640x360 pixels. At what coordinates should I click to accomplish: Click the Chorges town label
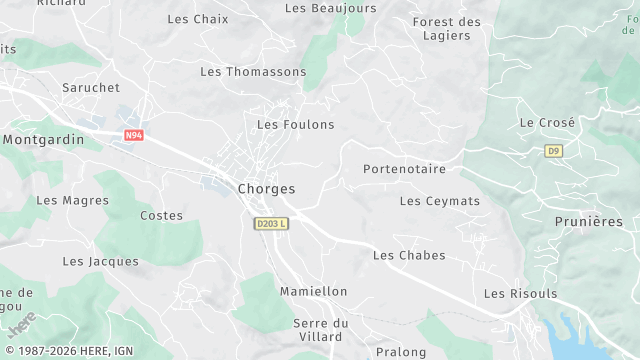coord(266,188)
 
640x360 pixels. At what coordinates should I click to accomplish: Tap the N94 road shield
coord(135,135)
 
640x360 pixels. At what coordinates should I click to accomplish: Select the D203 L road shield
coord(270,224)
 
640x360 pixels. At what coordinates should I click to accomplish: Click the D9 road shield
coord(554,151)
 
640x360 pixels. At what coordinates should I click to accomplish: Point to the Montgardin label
coord(44,140)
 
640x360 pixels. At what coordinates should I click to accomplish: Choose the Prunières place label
coord(588,221)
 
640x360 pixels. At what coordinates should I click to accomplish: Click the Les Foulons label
coord(295,124)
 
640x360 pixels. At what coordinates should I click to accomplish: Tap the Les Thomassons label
coord(253,71)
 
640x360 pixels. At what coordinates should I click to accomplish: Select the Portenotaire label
coord(404,169)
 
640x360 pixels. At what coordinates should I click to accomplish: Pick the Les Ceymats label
coord(439,201)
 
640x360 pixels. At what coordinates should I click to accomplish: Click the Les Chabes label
coord(409,255)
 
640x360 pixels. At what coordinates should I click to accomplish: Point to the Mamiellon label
coord(314,291)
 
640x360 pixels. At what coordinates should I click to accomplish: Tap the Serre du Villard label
coord(321,330)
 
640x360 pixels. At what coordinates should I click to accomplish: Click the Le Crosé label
coord(547,122)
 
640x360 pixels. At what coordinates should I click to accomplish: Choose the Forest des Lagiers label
coord(446,28)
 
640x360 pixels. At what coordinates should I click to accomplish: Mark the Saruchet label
coord(91,88)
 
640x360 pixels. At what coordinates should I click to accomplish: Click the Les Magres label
coord(72,200)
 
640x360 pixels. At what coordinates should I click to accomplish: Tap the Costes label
coord(161,215)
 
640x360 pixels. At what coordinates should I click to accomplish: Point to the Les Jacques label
coord(100,261)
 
